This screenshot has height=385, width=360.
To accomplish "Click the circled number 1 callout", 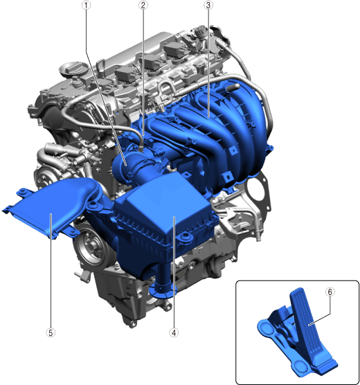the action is [86, 5].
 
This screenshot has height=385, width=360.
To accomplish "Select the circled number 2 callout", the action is [143, 5].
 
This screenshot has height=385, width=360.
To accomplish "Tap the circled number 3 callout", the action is [208, 5].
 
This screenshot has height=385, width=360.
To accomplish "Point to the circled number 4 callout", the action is [174, 332].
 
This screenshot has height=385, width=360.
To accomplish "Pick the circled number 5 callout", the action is [51, 332].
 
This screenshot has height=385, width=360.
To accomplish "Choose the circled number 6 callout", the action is [330, 292].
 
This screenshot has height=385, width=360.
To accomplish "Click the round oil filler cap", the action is [73, 69].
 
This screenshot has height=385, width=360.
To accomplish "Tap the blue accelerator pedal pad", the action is [307, 324].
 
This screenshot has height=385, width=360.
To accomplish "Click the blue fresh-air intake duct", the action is [54, 206].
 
